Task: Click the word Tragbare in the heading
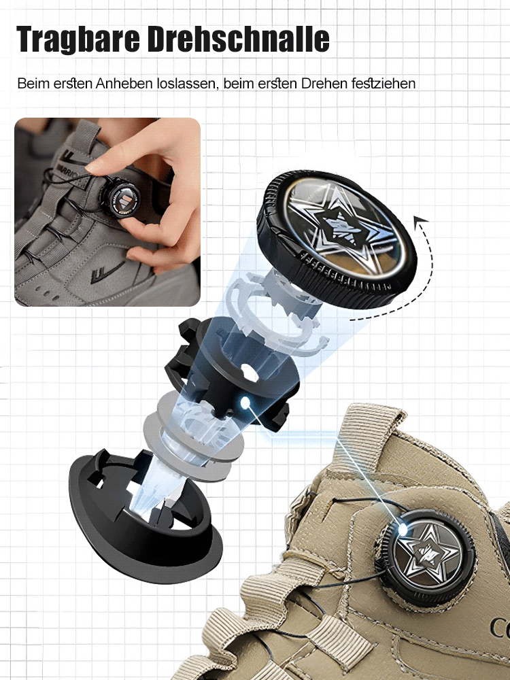(x=78, y=39)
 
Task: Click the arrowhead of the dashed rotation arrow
(x=420, y=222)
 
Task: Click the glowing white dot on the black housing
(x=245, y=403)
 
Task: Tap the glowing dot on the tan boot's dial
(x=403, y=530)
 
